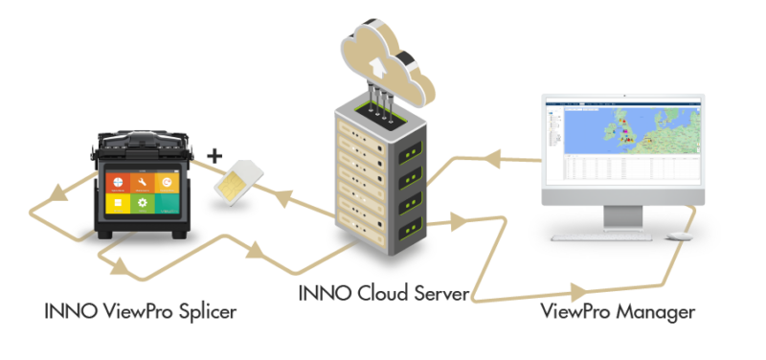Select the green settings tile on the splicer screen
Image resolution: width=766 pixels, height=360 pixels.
[x=141, y=204]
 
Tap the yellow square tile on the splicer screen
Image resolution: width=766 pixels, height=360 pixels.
[x=118, y=204]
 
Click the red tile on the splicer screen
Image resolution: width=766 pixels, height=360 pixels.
[x=118, y=181]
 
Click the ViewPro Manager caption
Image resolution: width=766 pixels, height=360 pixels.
[x=618, y=312]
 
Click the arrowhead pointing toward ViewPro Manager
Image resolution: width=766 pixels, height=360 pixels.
[x=577, y=288]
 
